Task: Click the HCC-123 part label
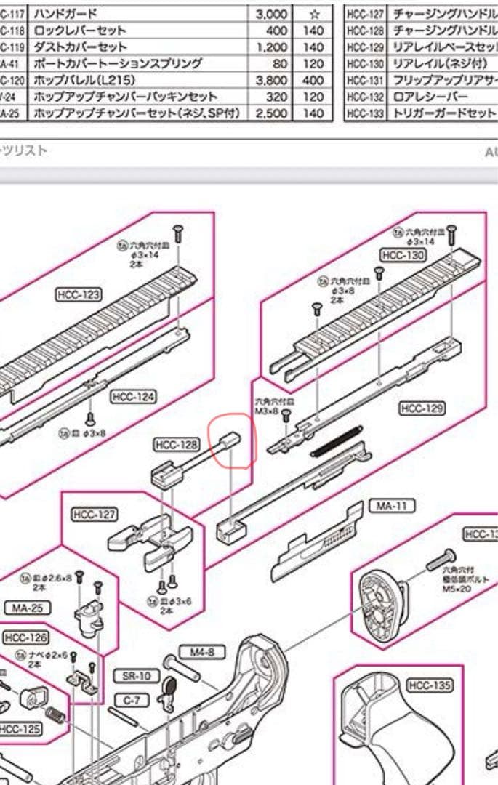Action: pyautogui.click(x=78, y=294)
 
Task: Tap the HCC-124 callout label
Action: pyautogui.click(x=133, y=397)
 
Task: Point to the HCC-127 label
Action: pyautogui.click(x=95, y=515)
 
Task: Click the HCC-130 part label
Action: pyautogui.click(x=402, y=255)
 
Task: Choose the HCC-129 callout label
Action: pyautogui.click(x=422, y=409)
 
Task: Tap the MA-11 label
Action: pyautogui.click(x=390, y=506)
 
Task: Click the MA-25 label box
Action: pyautogui.click(x=27, y=608)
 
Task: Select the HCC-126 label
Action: pyautogui.click(x=25, y=637)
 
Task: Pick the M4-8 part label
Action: pyautogui.click(x=202, y=653)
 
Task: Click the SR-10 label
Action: pyautogui.click(x=136, y=677)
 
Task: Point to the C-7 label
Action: pyautogui.click(x=131, y=700)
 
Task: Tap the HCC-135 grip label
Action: pyautogui.click(x=430, y=685)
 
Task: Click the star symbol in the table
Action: pyautogui.click(x=314, y=14)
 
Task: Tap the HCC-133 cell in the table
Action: pyautogui.click(x=364, y=113)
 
